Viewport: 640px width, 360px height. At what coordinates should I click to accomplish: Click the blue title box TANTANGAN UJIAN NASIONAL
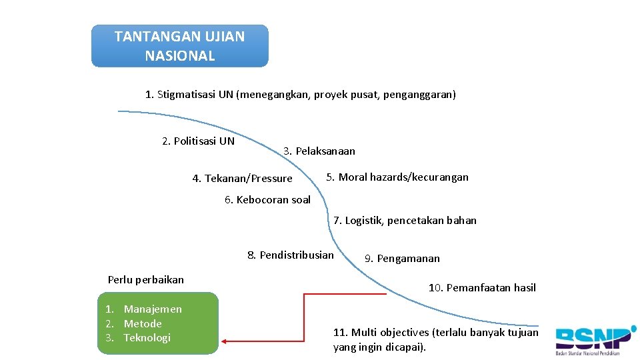point(179,46)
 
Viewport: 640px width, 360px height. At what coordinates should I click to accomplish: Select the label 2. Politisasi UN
point(199,141)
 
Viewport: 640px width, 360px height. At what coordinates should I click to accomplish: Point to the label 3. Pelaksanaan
point(319,151)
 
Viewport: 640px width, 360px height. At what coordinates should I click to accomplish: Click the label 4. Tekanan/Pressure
point(242,179)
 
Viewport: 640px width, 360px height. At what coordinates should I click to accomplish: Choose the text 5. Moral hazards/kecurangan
point(397,177)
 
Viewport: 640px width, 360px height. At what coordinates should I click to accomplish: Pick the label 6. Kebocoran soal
point(267,200)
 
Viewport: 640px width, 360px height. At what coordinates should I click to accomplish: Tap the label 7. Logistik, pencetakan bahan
point(405,221)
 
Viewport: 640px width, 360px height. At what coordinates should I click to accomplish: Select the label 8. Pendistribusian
point(291,255)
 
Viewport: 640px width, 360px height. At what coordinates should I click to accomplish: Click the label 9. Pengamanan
point(402,259)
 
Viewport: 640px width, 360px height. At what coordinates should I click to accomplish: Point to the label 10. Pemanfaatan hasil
point(482,288)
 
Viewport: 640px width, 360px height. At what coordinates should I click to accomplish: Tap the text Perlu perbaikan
point(146,279)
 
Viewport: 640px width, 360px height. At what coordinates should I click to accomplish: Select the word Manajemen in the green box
point(153,309)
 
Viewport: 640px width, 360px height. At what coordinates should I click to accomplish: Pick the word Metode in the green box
point(143,324)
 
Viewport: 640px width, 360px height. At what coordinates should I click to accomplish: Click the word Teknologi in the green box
point(147,338)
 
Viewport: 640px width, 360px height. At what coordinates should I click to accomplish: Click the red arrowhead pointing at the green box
point(225,341)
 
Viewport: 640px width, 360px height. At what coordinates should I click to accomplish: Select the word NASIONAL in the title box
point(180,56)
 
